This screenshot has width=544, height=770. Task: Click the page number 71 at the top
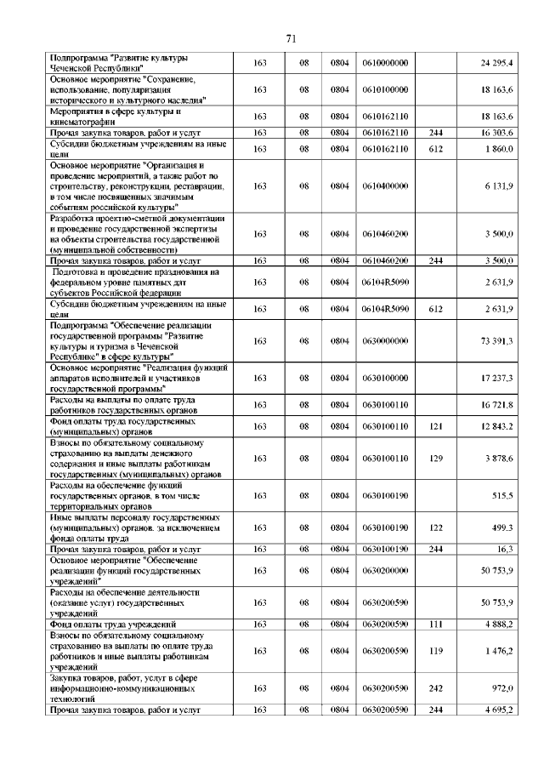[x=291, y=38]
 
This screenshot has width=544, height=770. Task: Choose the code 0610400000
[x=385, y=185]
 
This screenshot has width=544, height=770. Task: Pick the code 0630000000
[x=385, y=340]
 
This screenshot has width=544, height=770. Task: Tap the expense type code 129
[x=436, y=458]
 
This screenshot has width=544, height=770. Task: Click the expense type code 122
[x=436, y=528]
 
